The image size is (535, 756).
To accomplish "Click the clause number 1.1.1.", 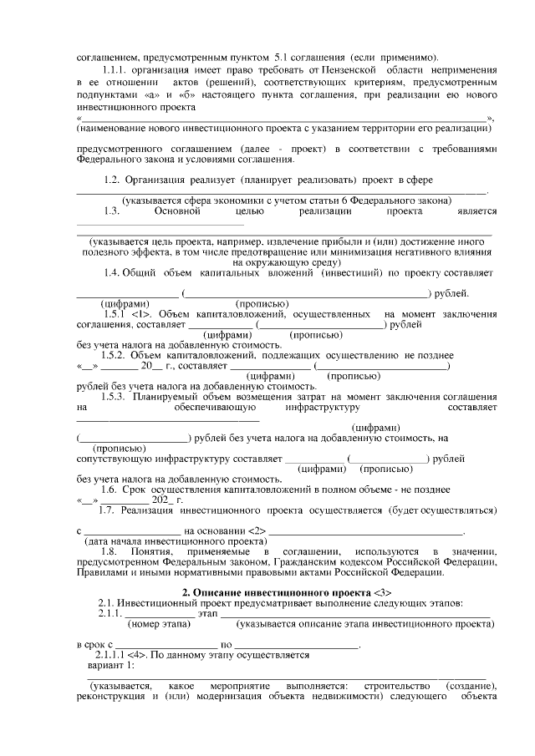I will (113, 70).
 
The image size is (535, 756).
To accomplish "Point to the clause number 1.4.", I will (113, 273).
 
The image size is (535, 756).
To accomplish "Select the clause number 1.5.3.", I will (116, 397).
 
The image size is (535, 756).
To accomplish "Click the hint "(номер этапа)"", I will (155, 623).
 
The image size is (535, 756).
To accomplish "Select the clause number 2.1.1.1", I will (113, 655).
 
